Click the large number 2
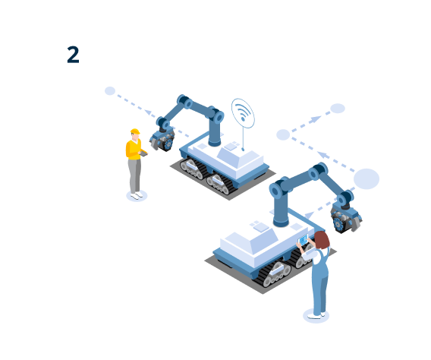coord(73,55)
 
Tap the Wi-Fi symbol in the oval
coord(243,112)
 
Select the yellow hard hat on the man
coord(135,131)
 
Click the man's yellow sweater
coord(134,150)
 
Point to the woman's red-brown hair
coord(322,240)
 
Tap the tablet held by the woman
coord(304,240)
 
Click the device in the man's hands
coord(144,153)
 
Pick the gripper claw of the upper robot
coord(162,141)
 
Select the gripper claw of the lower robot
coord(346,219)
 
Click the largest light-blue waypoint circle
coord(367,178)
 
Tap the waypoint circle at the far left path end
coord(110,90)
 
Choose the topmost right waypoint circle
coord(338,109)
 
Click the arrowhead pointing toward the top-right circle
coord(315,119)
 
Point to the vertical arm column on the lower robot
coord(281,208)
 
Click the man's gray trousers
coord(135,175)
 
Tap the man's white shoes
coord(137,195)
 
